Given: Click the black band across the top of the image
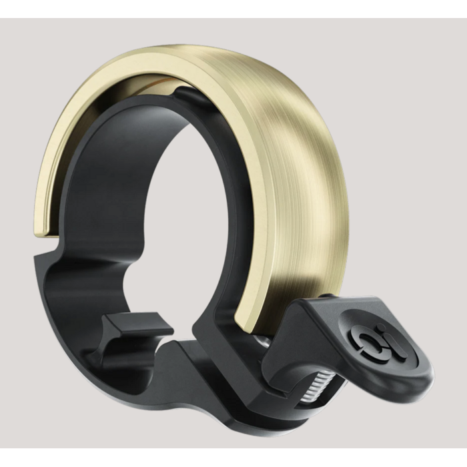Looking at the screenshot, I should pos(233,9).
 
